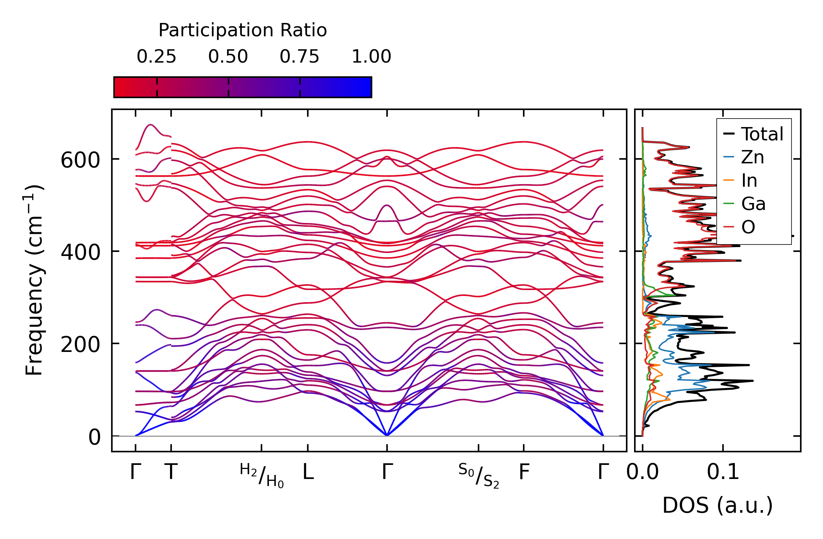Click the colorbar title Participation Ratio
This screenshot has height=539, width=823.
pyautogui.click(x=243, y=30)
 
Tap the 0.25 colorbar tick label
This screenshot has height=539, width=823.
pyautogui.click(x=156, y=57)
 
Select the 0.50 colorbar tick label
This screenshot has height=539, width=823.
pyautogui.click(x=228, y=57)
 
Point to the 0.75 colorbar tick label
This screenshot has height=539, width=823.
pyautogui.click(x=299, y=57)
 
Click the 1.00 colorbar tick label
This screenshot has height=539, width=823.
pyautogui.click(x=371, y=57)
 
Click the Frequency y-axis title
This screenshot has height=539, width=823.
pyautogui.click(x=34, y=280)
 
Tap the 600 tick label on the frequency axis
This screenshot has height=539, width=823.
pyautogui.click(x=80, y=160)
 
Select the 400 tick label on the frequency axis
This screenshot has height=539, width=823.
pyautogui.click(x=80, y=253)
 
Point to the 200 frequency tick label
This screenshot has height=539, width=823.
pyautogui.click(x=80, y=345)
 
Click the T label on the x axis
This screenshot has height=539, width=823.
pyautogui.click(x=171, y=472)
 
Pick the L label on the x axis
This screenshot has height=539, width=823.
pyautogui.click(x=308, y=472)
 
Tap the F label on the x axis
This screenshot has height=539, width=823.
pyautogui.click(x=524, y=472)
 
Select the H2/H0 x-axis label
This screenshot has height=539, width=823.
pyautogui.click(x=262, y=475)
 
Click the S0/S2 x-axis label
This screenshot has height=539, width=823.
pyautogui.click(x=479, y=475)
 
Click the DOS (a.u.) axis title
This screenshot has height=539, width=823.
pyautogui.click(x=717, y=505)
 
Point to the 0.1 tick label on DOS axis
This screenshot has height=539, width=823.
pyautogui.click(x=723, y=472)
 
